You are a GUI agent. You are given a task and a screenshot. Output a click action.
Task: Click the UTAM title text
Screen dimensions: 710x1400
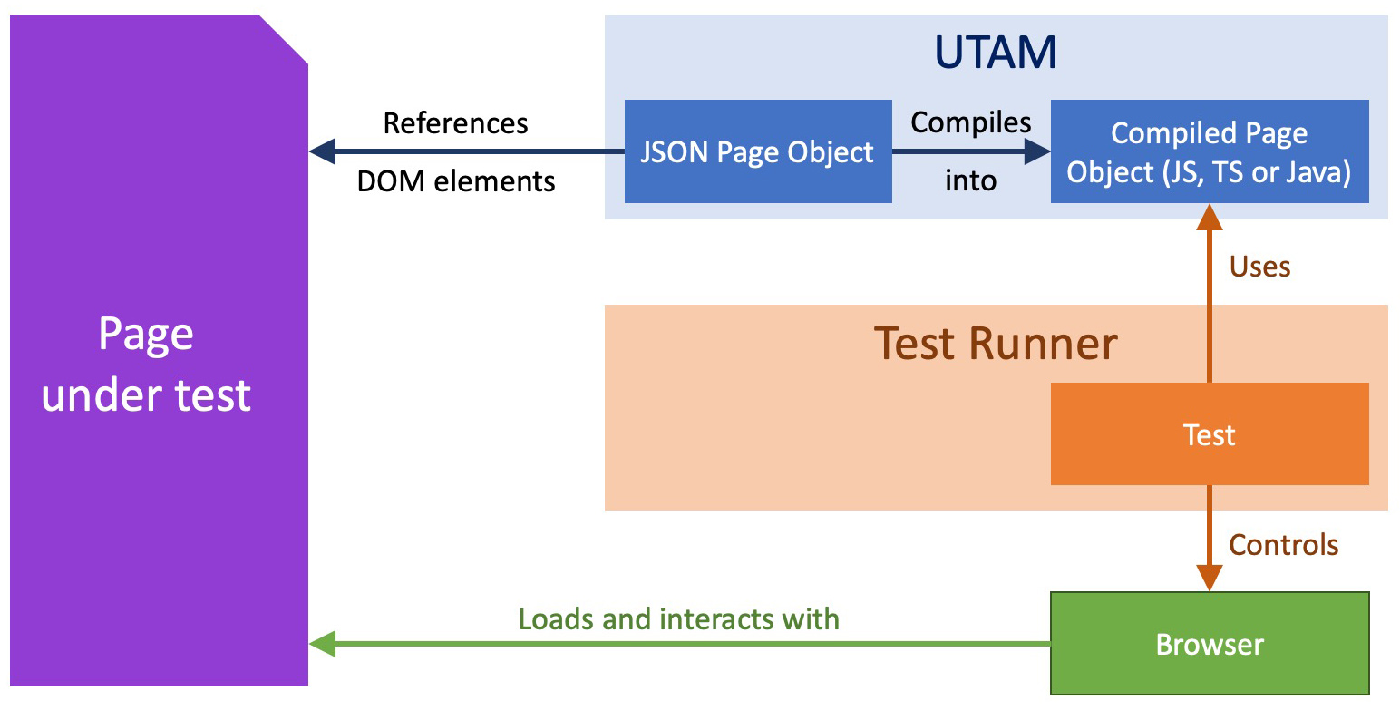coord(996,53)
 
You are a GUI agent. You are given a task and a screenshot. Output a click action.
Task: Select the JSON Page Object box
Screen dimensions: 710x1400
coord(758,151)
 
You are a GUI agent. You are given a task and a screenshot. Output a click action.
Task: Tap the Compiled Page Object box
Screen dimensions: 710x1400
coord(1209,151)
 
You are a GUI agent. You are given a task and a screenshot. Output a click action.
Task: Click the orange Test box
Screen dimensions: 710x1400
coord(1209,434)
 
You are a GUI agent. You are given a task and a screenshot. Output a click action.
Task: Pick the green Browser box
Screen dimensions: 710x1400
coord(1209,644)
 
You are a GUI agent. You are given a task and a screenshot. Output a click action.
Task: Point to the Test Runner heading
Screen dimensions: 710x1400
coord(996,344)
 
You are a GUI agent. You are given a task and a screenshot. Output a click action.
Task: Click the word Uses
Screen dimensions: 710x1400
coord(1259,266)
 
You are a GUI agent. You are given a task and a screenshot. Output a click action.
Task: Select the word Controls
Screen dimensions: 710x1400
coord(1283,544)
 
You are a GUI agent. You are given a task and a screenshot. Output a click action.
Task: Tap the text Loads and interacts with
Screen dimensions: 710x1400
coord(678,618)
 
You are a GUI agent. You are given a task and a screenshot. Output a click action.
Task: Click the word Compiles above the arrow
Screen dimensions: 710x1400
coord(971,122)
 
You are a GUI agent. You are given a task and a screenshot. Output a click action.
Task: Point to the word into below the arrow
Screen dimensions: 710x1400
coord(971,180)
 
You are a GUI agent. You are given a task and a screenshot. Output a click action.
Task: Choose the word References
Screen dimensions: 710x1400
coord(455,122)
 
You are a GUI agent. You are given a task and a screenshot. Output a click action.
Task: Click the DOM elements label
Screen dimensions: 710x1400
coord(455,180)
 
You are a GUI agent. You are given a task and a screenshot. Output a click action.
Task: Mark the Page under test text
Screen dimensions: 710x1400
coord(146,365)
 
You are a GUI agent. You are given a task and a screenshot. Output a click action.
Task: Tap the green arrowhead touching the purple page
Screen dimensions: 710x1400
coord(323,644)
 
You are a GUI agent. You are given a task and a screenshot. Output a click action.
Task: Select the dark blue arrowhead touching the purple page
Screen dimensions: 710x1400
coord(323,151)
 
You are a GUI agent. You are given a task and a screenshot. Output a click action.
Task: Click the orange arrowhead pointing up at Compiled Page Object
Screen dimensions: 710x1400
coord(1209,219)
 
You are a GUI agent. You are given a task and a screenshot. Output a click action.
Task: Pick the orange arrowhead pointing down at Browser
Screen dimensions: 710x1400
coord(1209,578)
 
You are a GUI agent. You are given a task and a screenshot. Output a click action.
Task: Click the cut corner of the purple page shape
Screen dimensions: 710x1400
coord(284,39)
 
